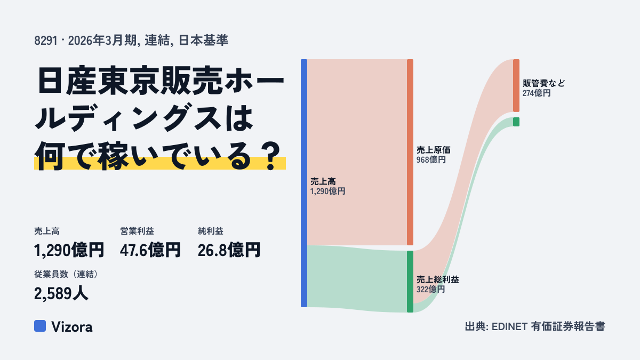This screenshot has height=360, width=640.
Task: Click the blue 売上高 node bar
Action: [304, 183]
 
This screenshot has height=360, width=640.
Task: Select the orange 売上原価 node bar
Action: [410, 153]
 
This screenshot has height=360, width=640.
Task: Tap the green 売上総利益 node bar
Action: [410, 282]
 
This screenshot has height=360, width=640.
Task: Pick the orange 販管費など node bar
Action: [516, 85]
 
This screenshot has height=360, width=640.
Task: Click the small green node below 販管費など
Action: [516, 122]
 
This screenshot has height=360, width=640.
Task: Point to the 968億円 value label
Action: [431, 159]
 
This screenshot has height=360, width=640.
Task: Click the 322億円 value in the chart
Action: [430, 290]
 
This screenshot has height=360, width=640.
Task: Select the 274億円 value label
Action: [537, 93]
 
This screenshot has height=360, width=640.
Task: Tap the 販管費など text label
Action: [543, 83]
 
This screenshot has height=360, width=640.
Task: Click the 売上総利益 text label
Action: [438, 279]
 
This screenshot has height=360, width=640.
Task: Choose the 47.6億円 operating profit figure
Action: [150, 250]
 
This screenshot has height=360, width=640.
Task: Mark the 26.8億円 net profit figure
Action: [229, 250]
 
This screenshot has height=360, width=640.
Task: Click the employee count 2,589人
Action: [61, 293]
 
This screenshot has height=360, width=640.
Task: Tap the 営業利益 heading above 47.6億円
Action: [137, 231]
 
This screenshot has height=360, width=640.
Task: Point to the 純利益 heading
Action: [211, 231]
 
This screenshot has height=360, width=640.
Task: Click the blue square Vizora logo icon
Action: [40, 326]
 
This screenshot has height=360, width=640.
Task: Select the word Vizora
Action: [72, 327]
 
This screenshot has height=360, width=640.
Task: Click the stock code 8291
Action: [46, 41]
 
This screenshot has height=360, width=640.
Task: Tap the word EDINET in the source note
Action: [509, 326]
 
